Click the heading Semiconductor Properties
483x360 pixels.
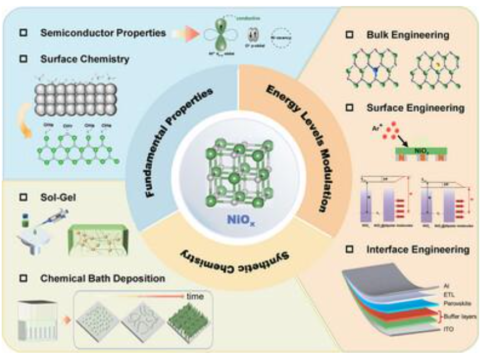(103, 33)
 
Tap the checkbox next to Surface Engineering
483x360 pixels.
(350, 109)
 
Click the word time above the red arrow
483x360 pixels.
(194, 296)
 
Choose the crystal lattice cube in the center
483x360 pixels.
(237, 172)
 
